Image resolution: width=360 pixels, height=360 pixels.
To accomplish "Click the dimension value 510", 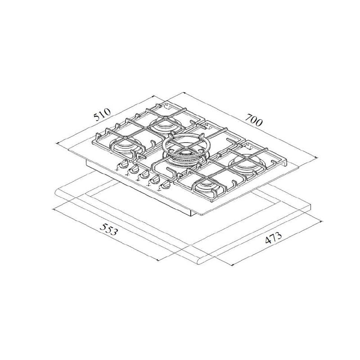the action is (102, 114).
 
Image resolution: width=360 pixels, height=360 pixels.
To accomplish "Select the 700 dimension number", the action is (253, 120).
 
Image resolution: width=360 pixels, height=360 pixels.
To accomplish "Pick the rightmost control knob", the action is (166, 185).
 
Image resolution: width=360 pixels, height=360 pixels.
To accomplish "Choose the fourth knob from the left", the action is (155, 180).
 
